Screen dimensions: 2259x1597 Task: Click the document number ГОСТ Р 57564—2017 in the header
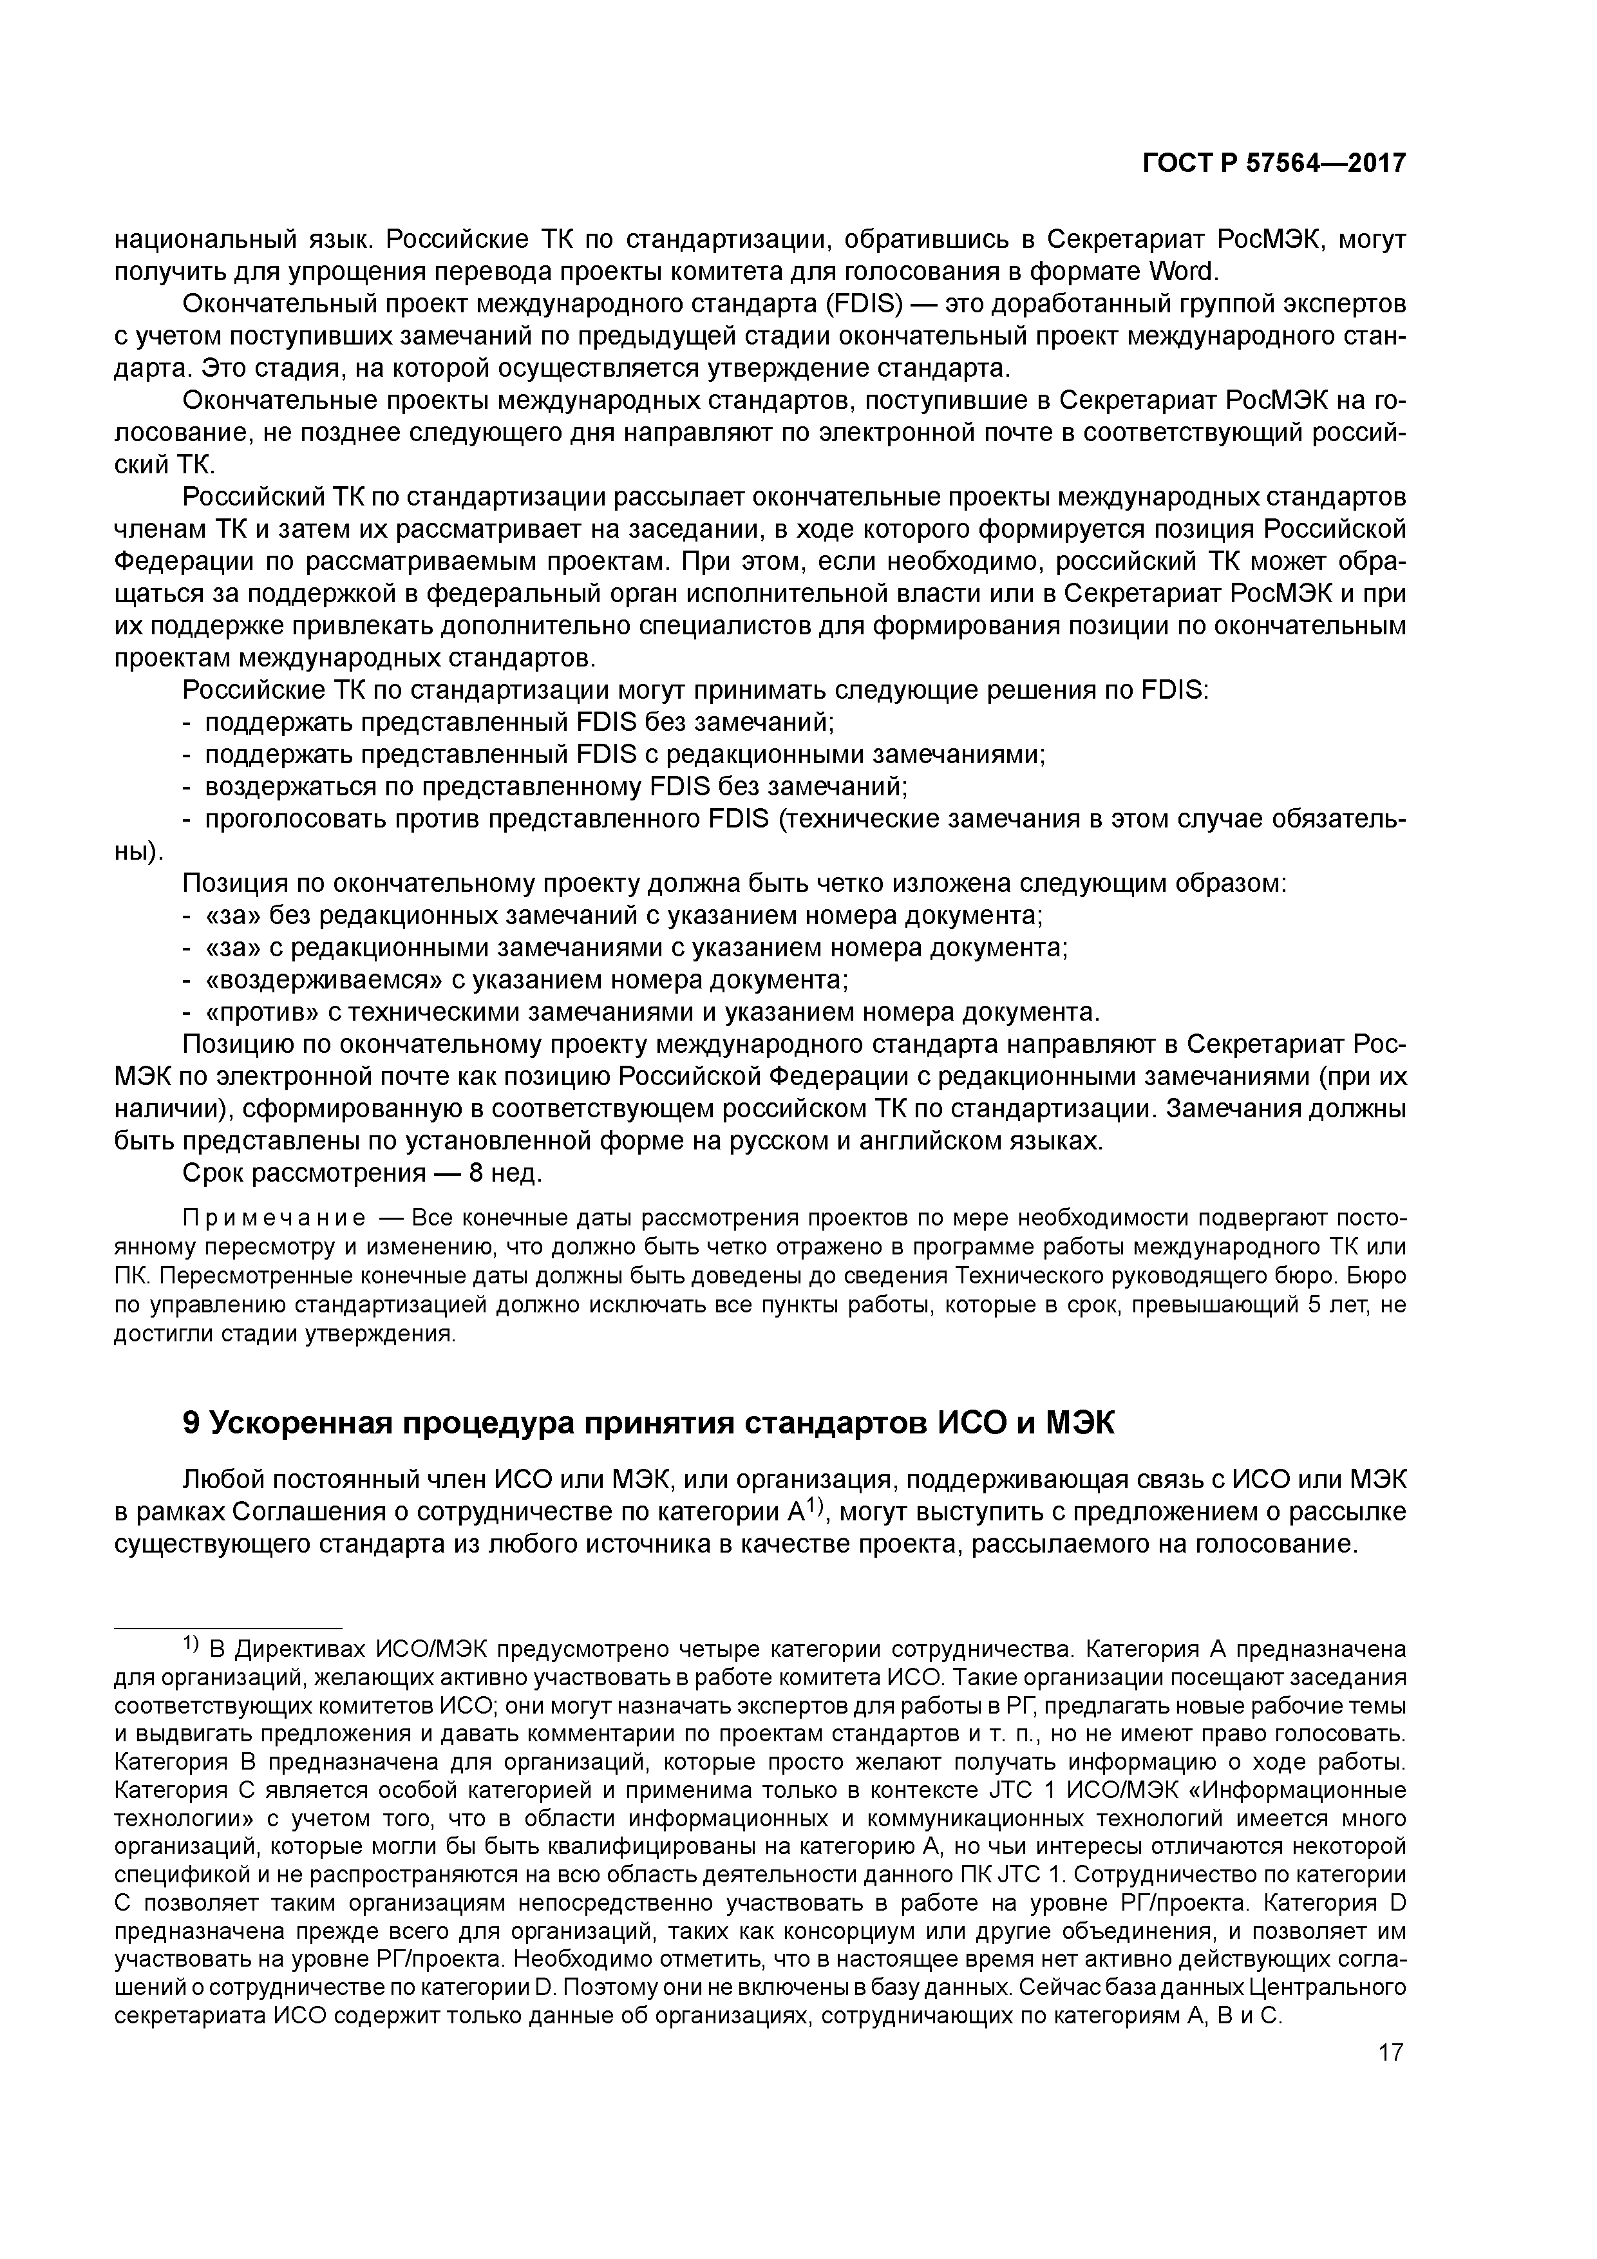tap(1273, 164)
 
